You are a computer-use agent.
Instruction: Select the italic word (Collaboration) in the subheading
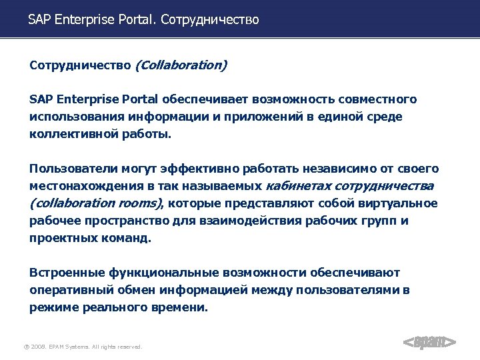pyautogui.click(x=181, y=65)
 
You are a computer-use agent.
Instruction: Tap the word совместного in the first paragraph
pyautogui.click(x=379, y=99)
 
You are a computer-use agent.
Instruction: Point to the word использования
pyautogui.click(x=70, y=117)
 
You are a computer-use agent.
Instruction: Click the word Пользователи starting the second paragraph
pyautogui.click(x=70, y=169)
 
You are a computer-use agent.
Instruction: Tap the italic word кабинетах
pyautogui.click(x=298, y=186)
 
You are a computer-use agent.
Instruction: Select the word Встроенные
pyautogui.click(x=65, y=273)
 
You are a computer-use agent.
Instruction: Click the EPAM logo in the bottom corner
pyautogui.click(x=430, y=343)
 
